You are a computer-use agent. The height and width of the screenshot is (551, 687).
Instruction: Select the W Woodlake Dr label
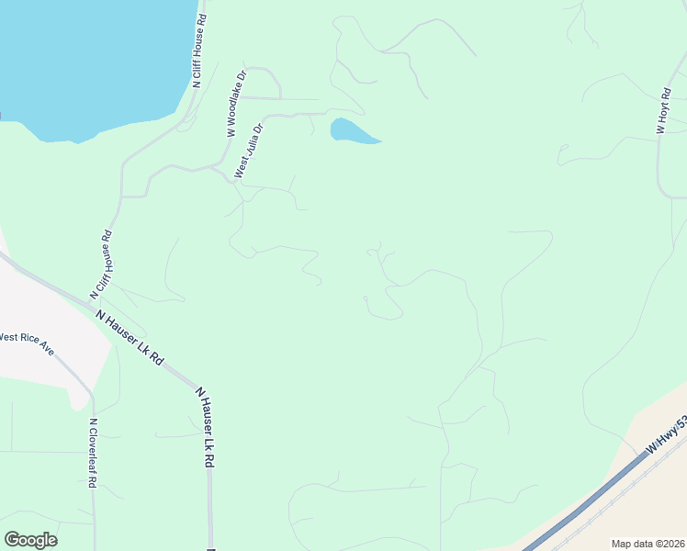(237, 105)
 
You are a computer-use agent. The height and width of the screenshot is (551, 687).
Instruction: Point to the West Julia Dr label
(249, 151)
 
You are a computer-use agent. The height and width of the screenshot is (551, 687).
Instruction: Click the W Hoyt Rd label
(663, 111)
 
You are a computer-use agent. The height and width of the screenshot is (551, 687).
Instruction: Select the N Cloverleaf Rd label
(93, 454)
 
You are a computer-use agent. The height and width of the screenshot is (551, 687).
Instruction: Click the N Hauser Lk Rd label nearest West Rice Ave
(130, 338)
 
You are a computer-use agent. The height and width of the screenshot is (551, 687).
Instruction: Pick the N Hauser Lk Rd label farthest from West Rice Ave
(206, 427)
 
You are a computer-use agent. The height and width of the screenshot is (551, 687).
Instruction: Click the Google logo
(30, 540)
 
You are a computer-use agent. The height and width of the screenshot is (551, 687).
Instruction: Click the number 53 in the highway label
(681, 422)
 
